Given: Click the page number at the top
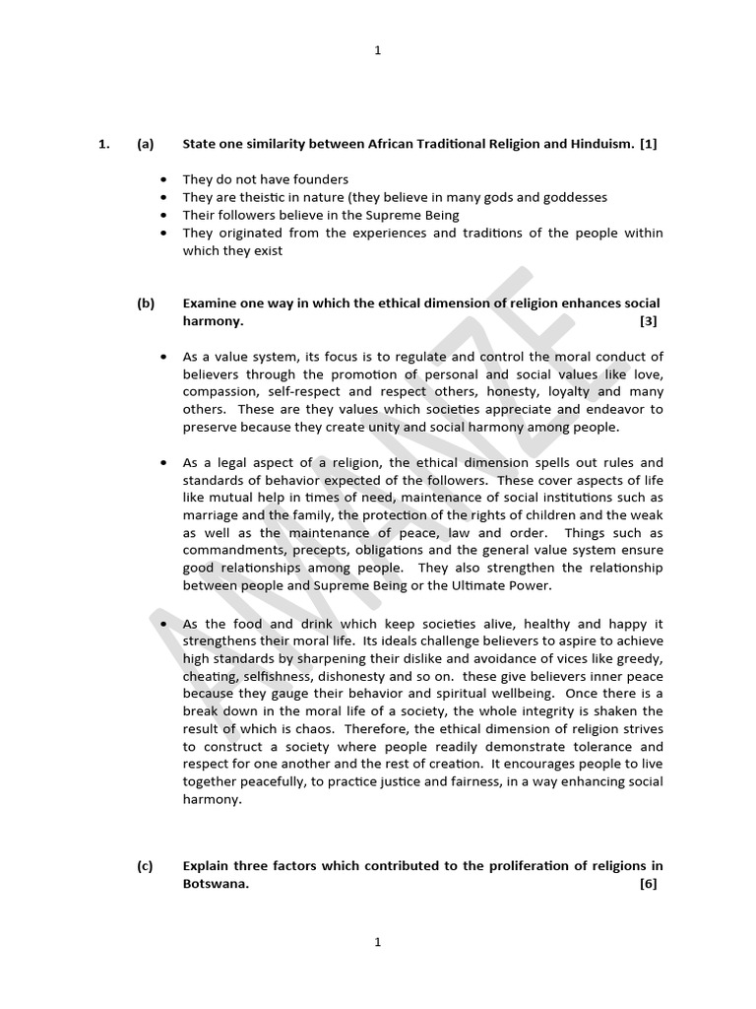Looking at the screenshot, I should pyautogui.click(x=377, y=52).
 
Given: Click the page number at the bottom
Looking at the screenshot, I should pyautogui.click(x=377, y=943).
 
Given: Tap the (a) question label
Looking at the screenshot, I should pyautogui.click(x=146, y=144).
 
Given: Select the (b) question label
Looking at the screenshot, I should pyautogui.click(x=146, y=303).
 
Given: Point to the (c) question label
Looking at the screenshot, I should pyautogui.click(x=146, y=866).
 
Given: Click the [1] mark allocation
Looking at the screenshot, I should pyautogui.click(x=648, y=144).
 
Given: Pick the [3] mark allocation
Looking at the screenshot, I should pyautogui.click(x=648, y=321).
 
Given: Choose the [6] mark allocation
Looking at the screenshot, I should pyautogui.click(x=648, y=884).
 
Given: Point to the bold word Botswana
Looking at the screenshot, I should pyautogui.click(x=215, y=884).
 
